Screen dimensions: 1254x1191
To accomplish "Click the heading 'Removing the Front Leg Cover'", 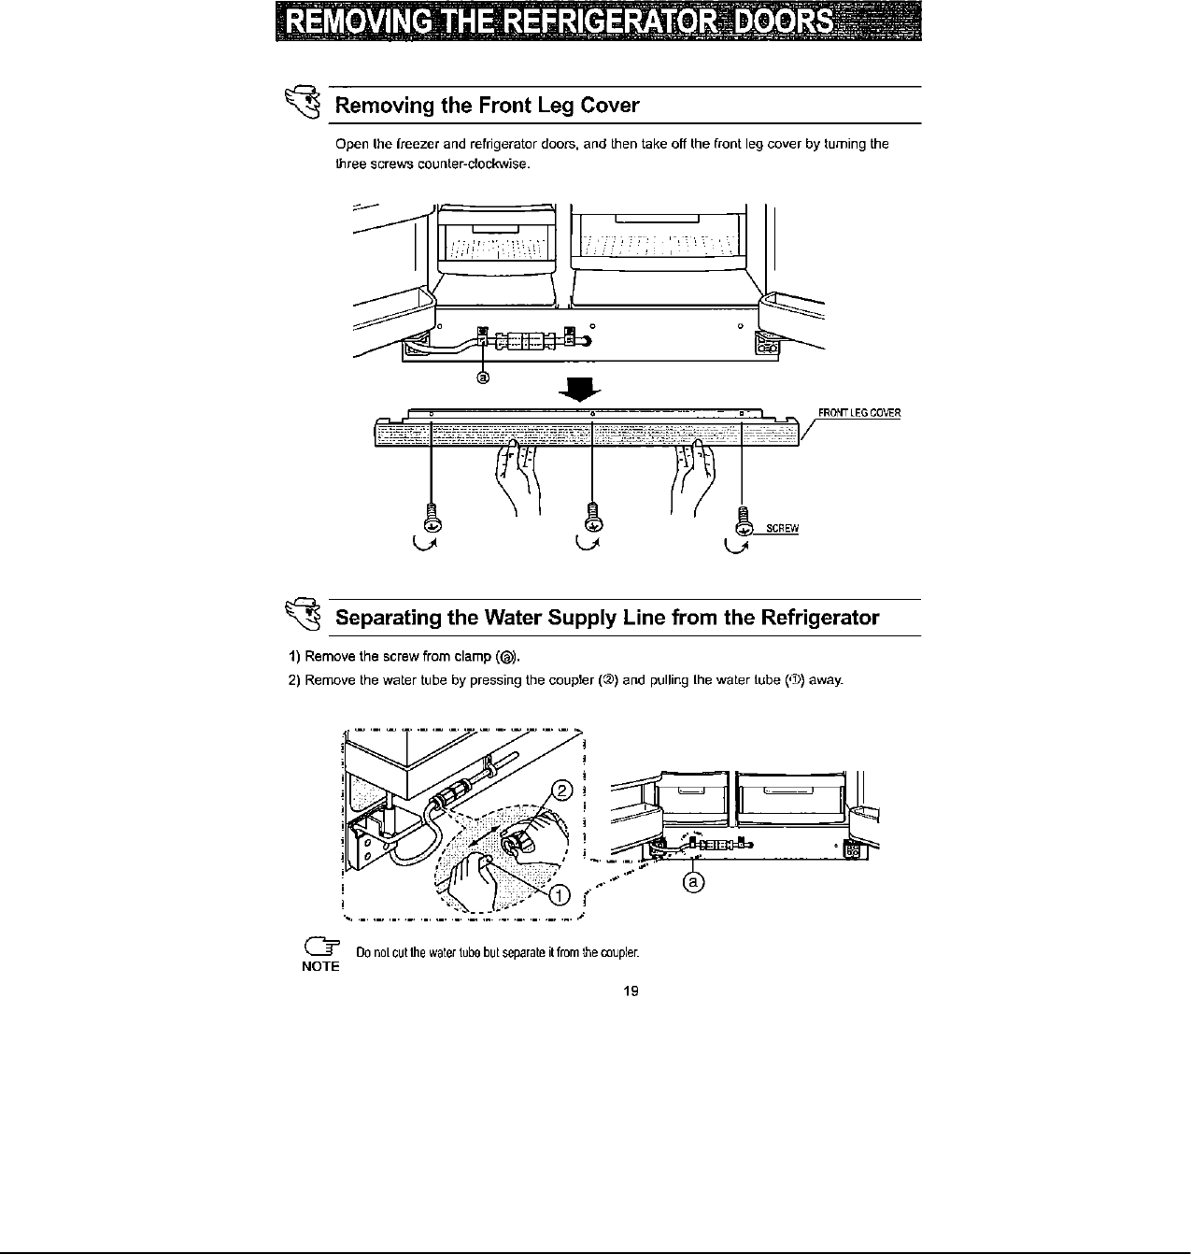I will point(487,105).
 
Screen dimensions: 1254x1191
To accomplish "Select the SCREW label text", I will point(782,529).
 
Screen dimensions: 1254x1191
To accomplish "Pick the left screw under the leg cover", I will point(431,517).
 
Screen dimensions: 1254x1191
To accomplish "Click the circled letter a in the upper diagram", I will point(484,378).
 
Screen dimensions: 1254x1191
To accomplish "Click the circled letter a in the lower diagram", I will point(692,881).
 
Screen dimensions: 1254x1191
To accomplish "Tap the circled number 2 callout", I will point(561,791).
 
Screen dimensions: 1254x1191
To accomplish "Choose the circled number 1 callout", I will point(558,896).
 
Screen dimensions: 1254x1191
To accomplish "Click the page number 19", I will point(630,991).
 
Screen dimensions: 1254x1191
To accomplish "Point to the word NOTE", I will point(319,966).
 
